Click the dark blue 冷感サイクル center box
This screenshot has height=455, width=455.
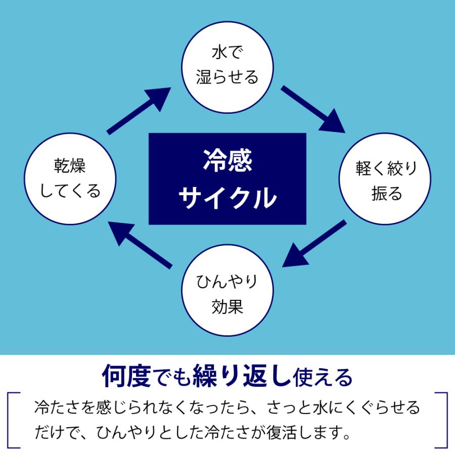227,178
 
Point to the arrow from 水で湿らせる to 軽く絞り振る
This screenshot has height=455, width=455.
313,109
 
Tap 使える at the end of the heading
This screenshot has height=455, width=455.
324,376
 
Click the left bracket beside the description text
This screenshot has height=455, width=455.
14,420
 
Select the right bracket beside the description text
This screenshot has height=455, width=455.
441,420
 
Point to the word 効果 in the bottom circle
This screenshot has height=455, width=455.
227,306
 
